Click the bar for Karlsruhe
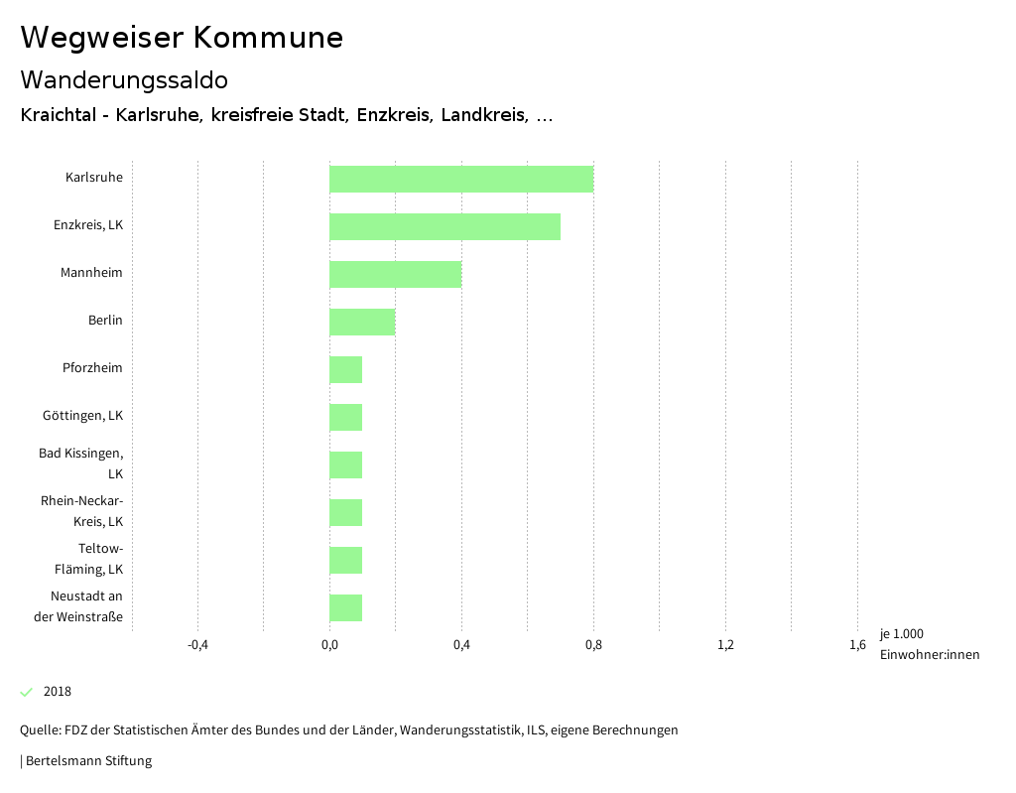click(x=461, y=179)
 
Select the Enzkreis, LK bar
click(x=444, y=226)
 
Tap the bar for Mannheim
click(x=395, y=274)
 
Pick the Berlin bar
click(x=362, y=322)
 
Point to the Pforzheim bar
click(x=345, y=369)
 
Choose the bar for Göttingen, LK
click(x=345, y=417)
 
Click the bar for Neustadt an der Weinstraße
click(x=345, y=607)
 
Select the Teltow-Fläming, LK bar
click(x=345, y=560)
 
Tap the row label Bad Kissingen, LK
click(x=81, y=463)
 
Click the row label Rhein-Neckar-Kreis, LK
click(x=82, y=511)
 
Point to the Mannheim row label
click(x=91, y=273)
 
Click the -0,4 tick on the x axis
click(x=197, y=645)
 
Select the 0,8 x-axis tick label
click(x=593, y=645)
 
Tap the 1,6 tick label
click(x=857, y=645)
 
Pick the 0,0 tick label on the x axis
click(x=329, y=645)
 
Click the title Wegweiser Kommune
click(x=182, y=38)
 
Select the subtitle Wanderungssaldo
click(x=124, y=79)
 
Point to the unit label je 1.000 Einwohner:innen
click(x=929, y=644)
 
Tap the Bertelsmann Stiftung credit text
click(x=87, y=761)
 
